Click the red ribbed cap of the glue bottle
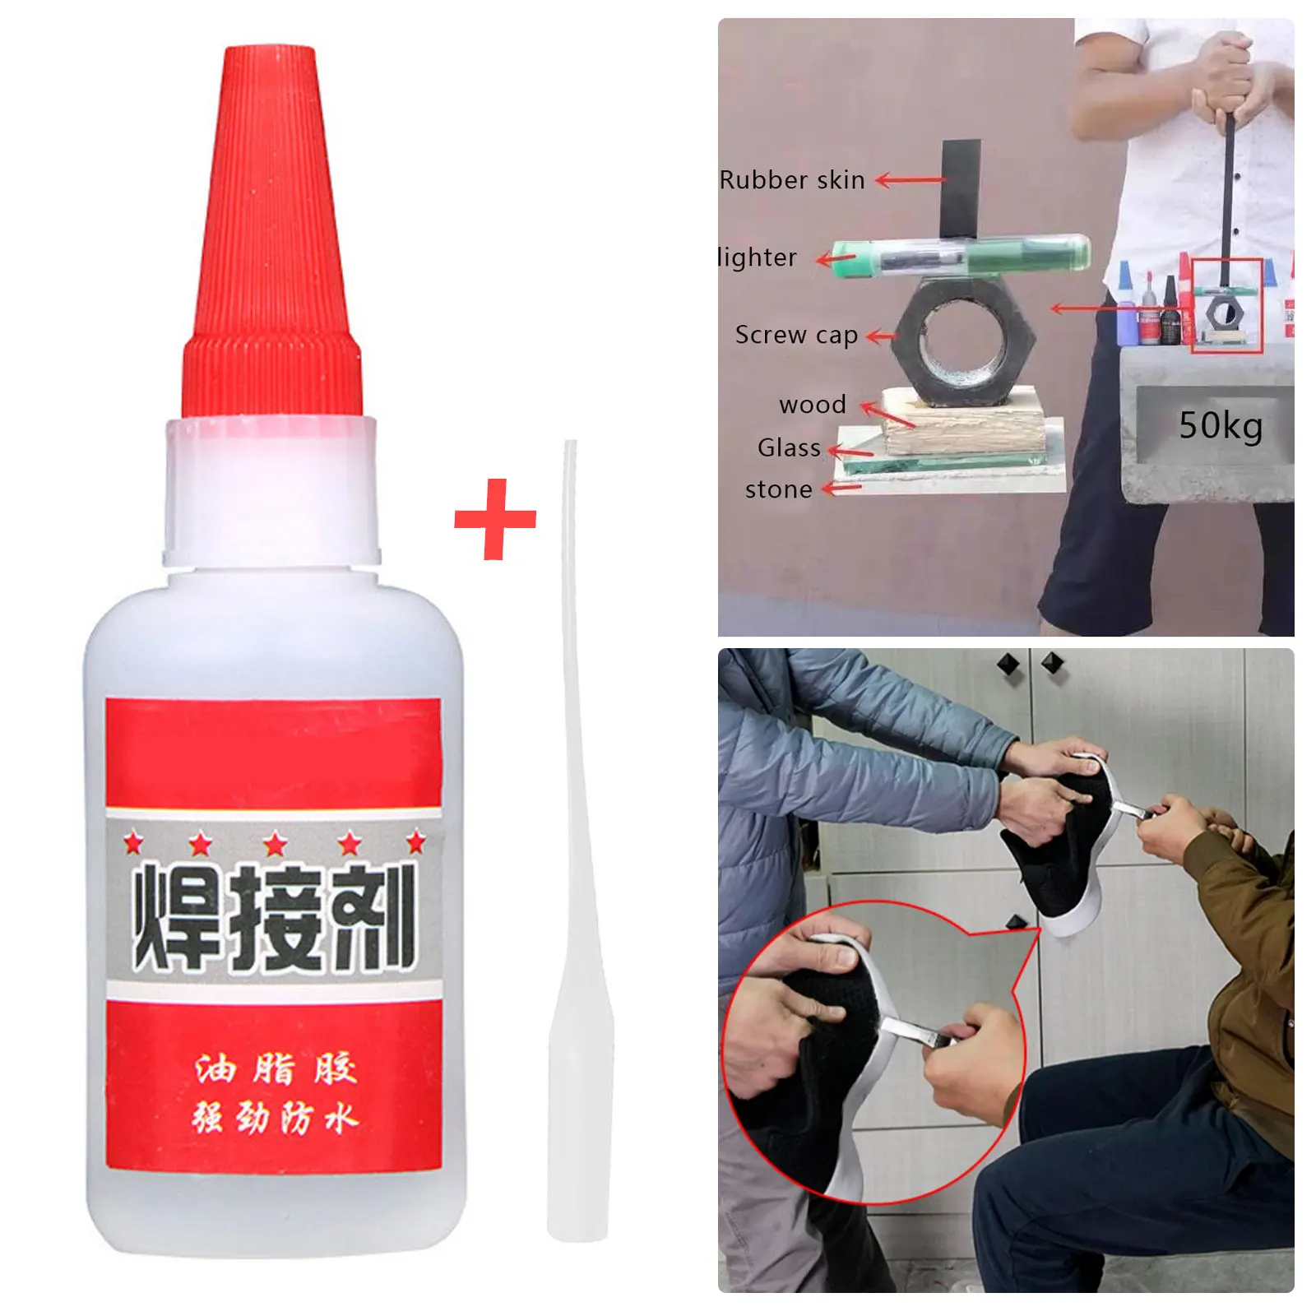point(271,247)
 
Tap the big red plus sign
point(495,519)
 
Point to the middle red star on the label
point(276,844)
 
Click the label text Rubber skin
point(792,180)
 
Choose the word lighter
point(758,257)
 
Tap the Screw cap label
point(796,335)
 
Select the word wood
point(813,405)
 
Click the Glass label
point(789,447)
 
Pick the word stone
point(778,490)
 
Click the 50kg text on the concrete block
point(1220,425)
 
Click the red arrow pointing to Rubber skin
point(910,180)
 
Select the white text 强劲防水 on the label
point(276,1119)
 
